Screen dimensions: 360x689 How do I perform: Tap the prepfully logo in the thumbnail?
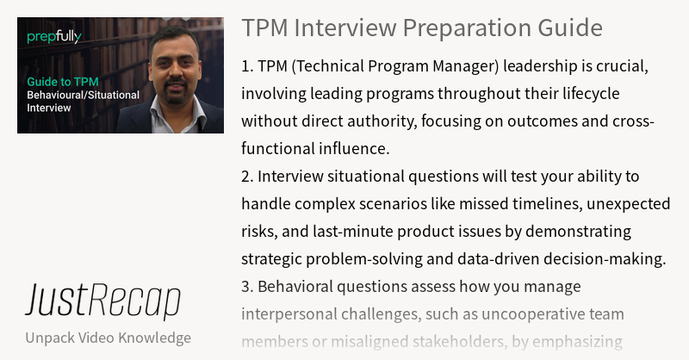(54, 37)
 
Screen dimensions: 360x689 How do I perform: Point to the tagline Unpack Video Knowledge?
(108, 337)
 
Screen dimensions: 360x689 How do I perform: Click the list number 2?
(246, 177)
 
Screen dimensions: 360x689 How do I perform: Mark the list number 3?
(246, 287)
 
